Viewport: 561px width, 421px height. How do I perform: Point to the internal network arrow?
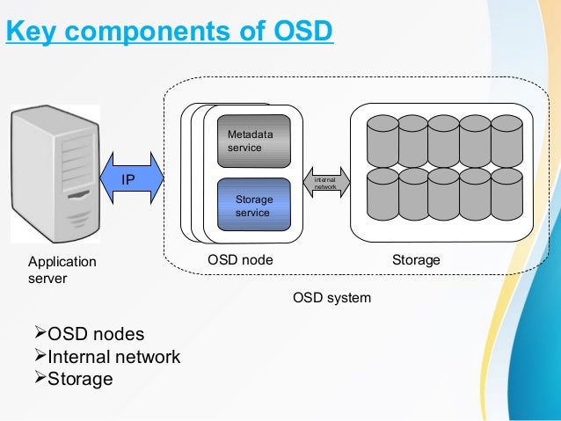pos(326,182)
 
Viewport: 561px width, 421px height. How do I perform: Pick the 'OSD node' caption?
pos(240,261)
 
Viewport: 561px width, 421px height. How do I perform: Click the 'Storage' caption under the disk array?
pos(415,261)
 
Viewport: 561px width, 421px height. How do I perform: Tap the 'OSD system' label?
pos(331,298)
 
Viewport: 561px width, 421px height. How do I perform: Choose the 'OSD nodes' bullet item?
pos(95,335)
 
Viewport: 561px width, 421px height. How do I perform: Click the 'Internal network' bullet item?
pos(113,357)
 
